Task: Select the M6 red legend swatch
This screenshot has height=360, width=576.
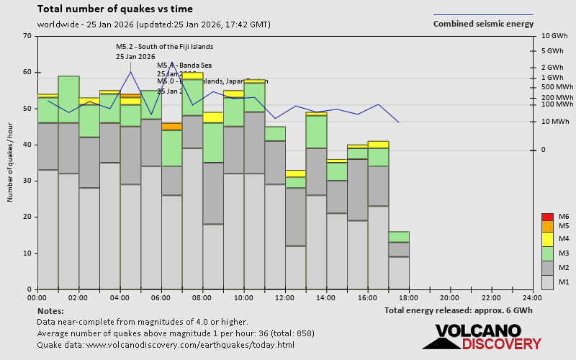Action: point(547,217)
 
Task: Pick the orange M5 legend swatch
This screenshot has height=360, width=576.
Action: point(547,225)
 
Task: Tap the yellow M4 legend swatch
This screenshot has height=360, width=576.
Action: point(547,238)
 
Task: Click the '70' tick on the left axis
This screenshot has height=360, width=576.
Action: point(27,36)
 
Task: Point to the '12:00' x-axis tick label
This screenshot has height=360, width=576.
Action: point(285,297)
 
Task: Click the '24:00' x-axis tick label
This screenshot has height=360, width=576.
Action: point(532,297)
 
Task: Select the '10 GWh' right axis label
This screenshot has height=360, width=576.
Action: point(554,36)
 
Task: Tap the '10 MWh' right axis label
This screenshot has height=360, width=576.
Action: point(554,122)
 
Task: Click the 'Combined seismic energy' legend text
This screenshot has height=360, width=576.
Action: point(483,24)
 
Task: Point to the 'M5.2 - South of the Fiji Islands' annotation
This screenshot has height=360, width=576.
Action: point(165,47)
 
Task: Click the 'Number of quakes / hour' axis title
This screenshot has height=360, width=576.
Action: point(11,163)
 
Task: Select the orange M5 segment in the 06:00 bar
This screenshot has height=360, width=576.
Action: point(171,126)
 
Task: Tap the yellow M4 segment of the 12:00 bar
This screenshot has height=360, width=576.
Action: point(295,174)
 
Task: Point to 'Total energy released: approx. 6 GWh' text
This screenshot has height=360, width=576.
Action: point(459,310)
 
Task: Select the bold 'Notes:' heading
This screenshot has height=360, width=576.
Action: point(50,310)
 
